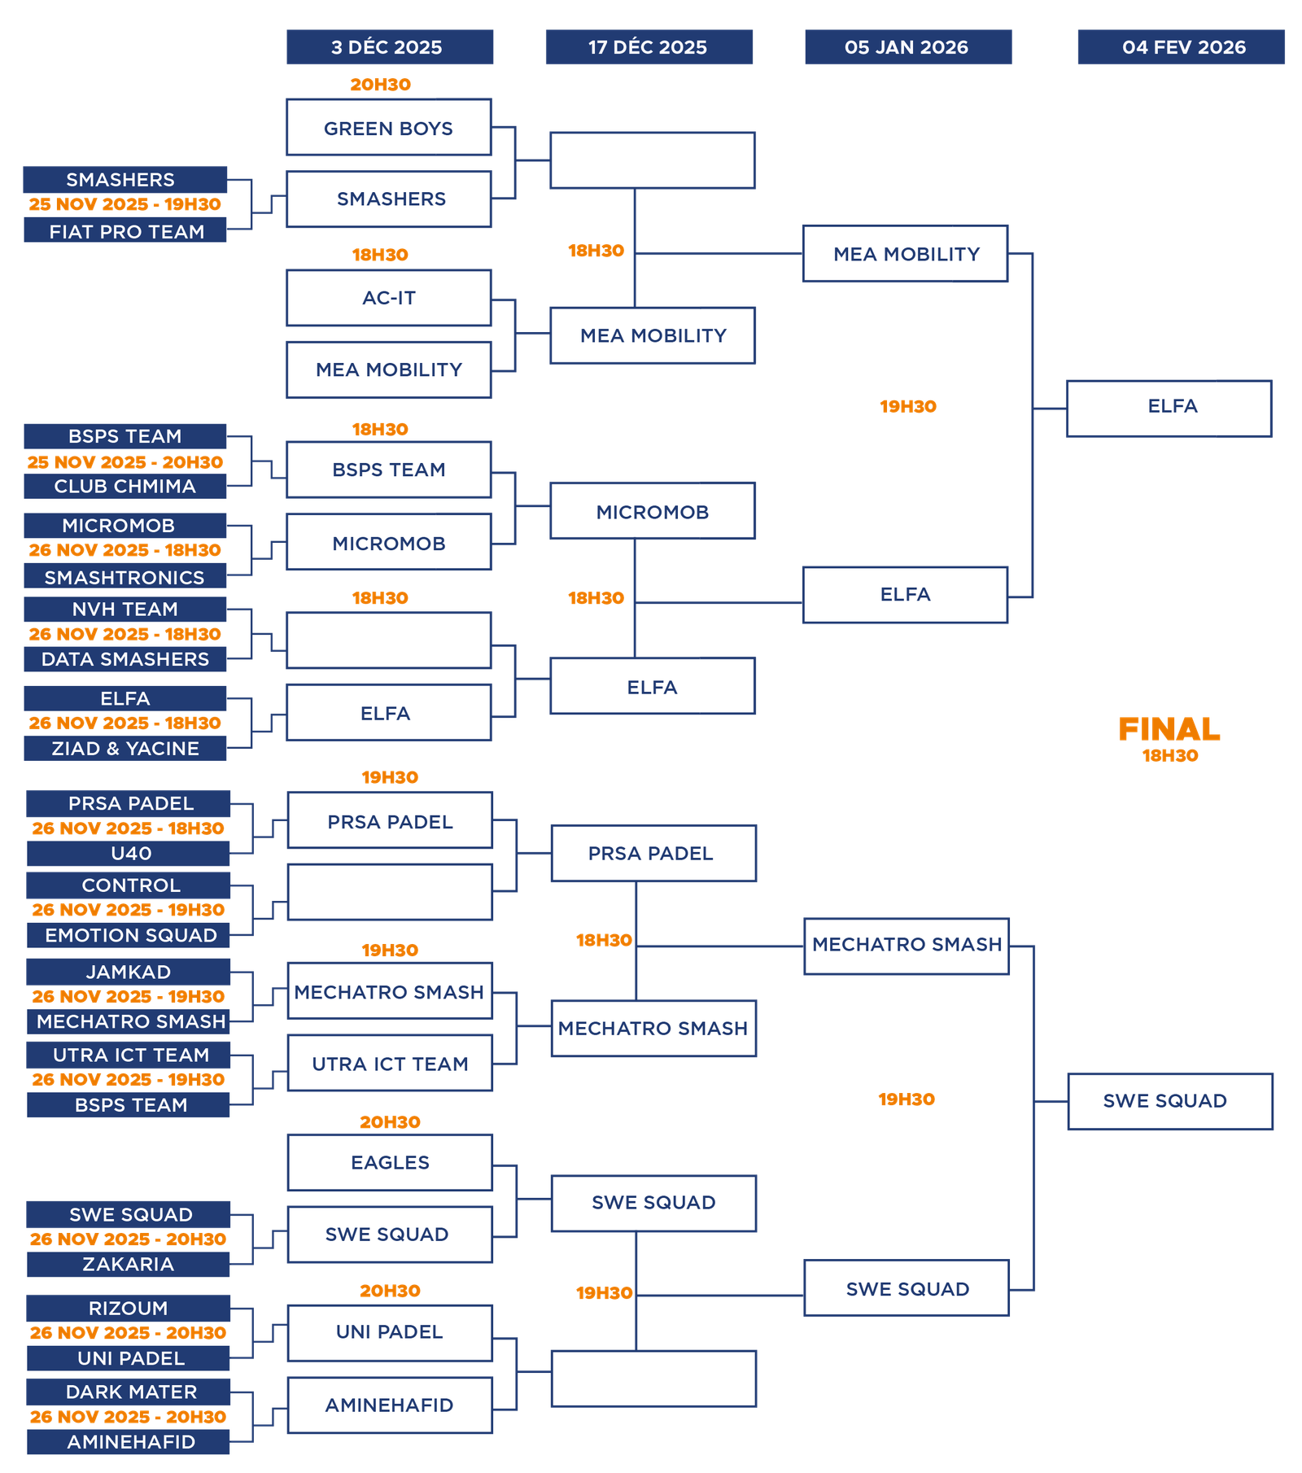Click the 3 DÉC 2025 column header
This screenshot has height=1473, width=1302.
click(389, 47)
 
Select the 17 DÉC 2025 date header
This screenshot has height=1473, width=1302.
click(649, 47)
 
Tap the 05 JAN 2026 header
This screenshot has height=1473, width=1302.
click(908, 47)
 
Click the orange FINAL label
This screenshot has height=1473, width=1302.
click(1169, 729)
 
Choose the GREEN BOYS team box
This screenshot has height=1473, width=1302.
click(389, 128)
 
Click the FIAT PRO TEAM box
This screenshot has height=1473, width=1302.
click(125, 231)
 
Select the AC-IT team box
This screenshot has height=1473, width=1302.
click(389, 298)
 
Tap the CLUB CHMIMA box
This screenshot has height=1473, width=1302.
click(125, 487)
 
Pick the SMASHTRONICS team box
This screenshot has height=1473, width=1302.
click(125, 577)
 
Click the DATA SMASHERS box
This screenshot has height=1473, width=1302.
click(125, 659)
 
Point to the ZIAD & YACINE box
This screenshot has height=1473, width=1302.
click(125, 749)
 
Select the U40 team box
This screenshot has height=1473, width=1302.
click(129, 854)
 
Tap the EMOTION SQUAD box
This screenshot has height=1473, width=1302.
click(129, 936)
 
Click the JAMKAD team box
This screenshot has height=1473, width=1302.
click(129, 972)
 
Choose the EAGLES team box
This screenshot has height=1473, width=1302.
click(390, 1162)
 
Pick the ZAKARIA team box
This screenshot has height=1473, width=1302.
click(129, 1265)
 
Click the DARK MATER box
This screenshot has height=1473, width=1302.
click(129, 1392)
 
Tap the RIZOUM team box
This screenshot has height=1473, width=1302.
click(129, 1309)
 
